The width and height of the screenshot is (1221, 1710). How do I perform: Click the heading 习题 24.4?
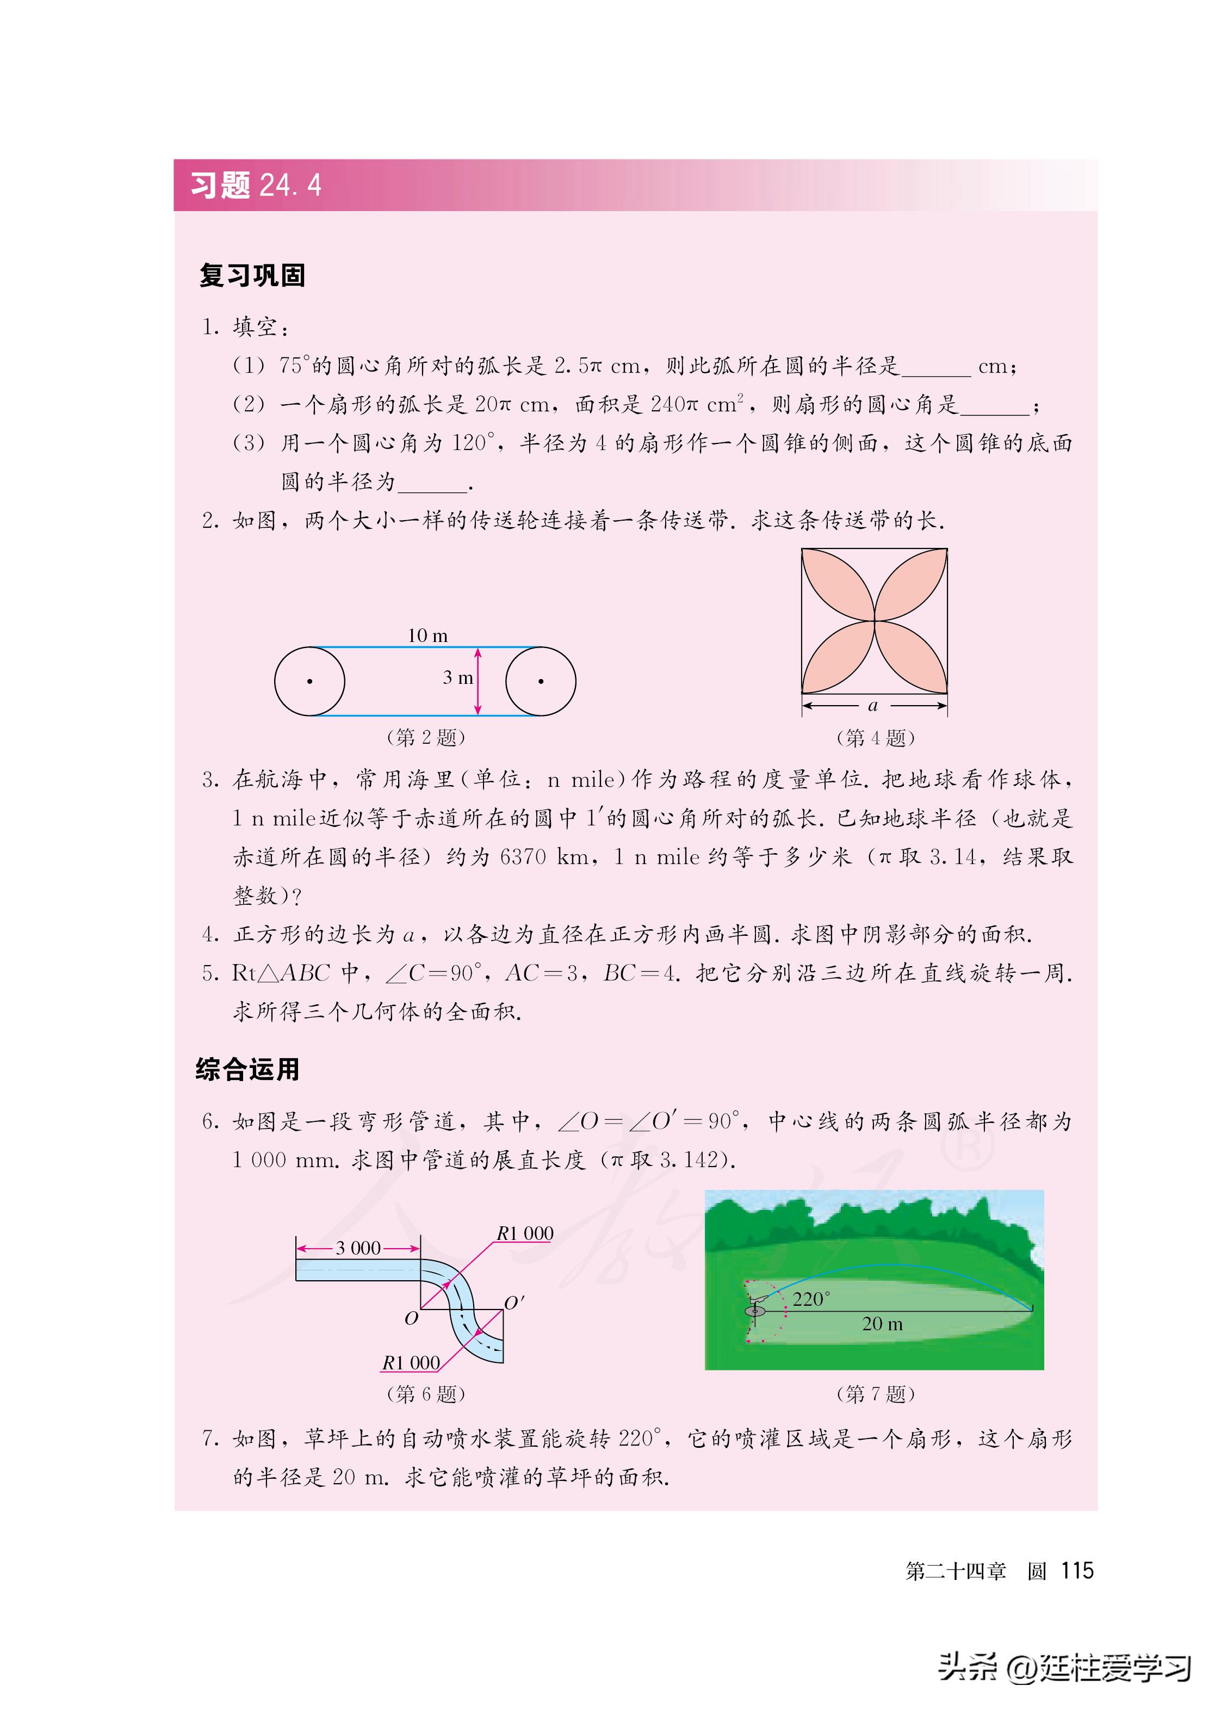point(256,185)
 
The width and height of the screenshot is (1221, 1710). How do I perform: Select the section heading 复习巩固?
point(252,275)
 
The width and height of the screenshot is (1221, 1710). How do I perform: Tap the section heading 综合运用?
point(247,1069)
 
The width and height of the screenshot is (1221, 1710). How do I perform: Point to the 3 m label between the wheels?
point(457,677)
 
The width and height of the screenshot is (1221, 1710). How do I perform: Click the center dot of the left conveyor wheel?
point(310,681)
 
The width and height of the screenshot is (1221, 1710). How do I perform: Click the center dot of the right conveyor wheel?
point(541,681)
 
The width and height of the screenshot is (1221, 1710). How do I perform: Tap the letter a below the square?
point(873,705)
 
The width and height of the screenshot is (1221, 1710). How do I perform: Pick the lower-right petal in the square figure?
point(910,657)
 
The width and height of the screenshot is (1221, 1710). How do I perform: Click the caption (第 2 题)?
point(425,737)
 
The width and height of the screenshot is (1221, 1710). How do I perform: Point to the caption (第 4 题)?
point(875,738)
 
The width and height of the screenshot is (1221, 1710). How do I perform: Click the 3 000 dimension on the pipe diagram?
point(358,1248)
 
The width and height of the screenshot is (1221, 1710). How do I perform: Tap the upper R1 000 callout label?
point(524,1234)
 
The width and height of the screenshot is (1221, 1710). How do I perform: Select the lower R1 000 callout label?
point(411,1362)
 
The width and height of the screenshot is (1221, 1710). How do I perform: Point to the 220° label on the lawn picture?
point(811,1299)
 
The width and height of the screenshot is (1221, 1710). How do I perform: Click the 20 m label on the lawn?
point(882,1324)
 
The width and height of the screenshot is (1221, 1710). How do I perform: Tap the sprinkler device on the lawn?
point(754,1308)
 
